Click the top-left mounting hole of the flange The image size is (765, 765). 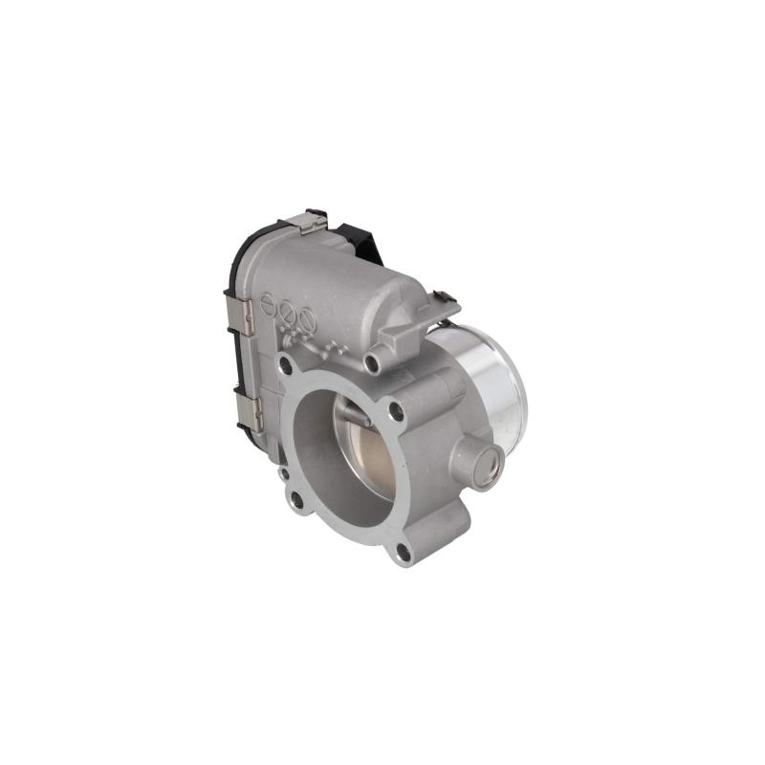285,364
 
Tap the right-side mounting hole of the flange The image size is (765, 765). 396,412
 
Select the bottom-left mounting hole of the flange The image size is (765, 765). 296,498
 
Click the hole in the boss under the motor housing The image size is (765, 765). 371,362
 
